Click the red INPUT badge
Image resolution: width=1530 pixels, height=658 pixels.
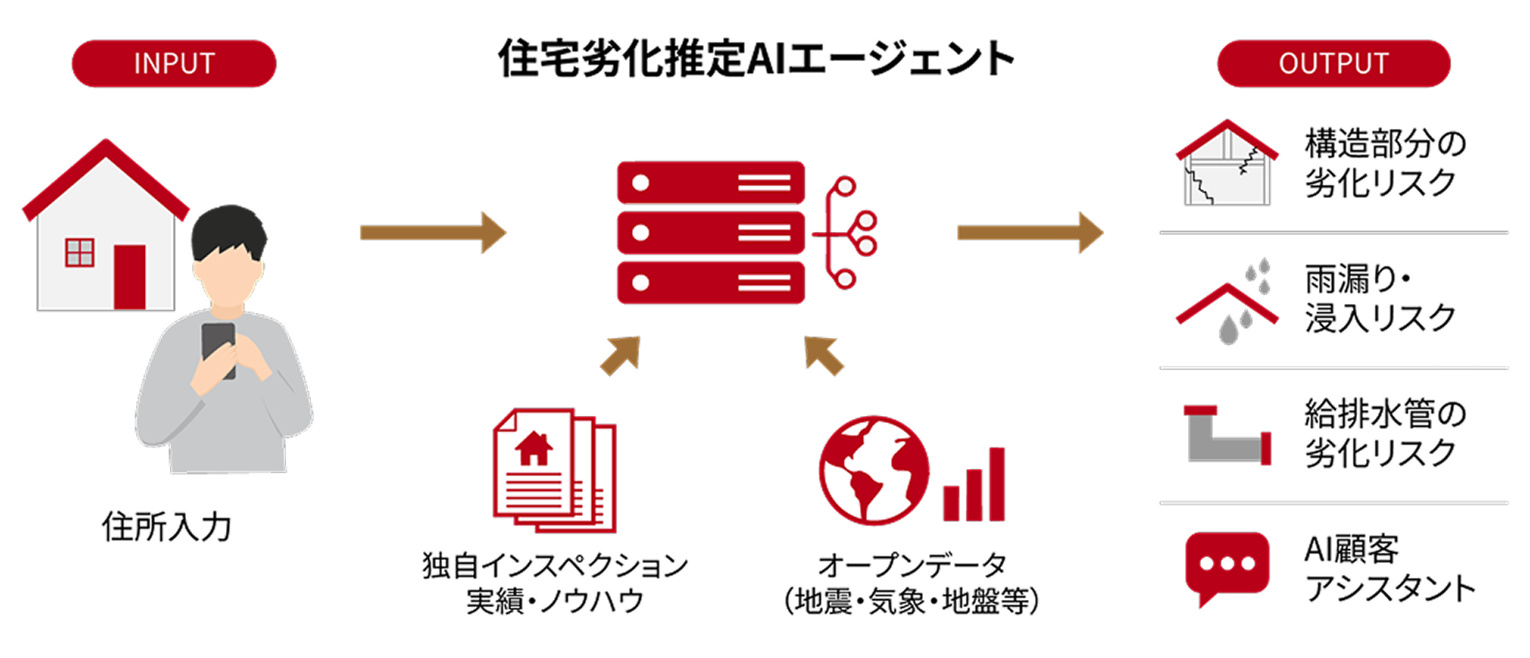(x=174, y=63)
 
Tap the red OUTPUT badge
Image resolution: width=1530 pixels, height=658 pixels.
(x=1334, y=63)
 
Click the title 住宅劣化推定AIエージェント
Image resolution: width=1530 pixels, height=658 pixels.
(x=757, y=58)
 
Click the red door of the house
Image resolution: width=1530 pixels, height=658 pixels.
(x=129, y=277)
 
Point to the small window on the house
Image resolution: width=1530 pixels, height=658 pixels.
(x=79, y=252)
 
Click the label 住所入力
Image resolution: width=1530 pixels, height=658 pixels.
(x=166, y=527)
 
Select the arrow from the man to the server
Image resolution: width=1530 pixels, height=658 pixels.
(x=433, y=233)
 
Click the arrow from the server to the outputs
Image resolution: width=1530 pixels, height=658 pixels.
(x=1030, y=233)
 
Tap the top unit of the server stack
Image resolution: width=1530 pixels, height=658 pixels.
(x=711, y=183)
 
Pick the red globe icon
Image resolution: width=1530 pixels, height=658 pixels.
(x=874, y=470)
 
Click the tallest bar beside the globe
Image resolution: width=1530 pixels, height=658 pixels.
(x=997, y=484)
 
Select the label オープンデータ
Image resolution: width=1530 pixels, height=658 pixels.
(x=912, y=565)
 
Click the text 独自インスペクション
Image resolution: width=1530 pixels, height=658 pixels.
(x=555, y=565)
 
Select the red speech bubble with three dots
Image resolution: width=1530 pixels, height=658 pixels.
(x=1227, y=567)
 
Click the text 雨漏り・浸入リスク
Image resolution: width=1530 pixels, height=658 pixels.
(x=1380, y=299)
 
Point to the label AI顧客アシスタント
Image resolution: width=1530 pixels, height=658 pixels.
(x=1390, y=568)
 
